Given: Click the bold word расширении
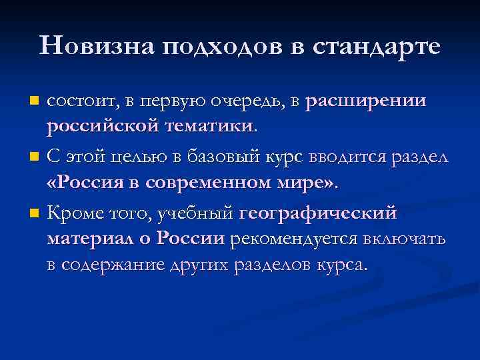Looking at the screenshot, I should pyautogui.click(x=366, y=101).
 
